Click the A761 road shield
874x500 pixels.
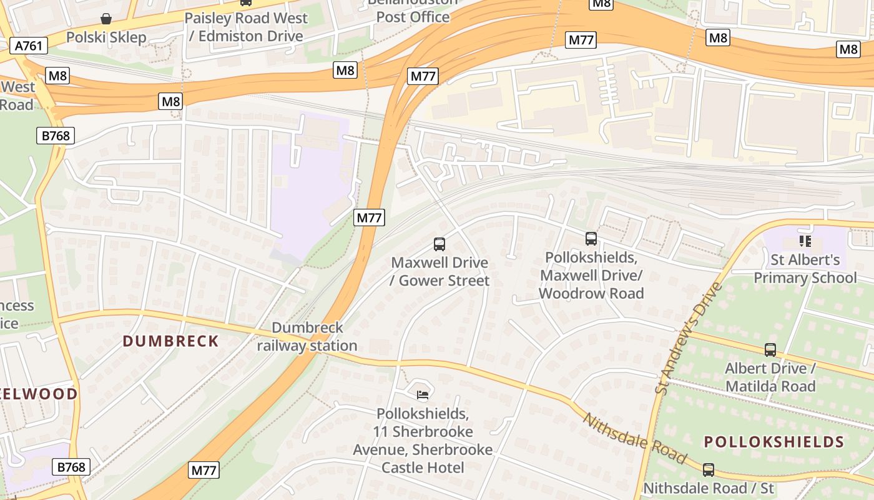[x=29, y=46]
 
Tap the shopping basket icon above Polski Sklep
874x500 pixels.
[x=106, y=19]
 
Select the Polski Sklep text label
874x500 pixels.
[x=106, y=37]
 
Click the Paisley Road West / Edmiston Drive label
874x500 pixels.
[x=246, y=27]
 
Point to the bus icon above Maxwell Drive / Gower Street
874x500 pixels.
[x=439, y=244]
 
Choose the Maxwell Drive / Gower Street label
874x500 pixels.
[x=439, y=272]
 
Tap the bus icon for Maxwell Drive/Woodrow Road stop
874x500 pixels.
[x=591, y=238]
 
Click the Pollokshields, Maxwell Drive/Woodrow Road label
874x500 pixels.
[x=591, y=276]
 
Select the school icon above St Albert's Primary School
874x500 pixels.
[x=805, y=241]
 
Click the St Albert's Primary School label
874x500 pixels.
[x=805, y=269]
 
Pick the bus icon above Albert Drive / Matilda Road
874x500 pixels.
[x=770, y=350]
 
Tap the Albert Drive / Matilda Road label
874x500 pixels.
[x=770, y=377]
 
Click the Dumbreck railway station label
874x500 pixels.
[x=307, y=337]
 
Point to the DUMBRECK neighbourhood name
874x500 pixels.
[x=170, y=341]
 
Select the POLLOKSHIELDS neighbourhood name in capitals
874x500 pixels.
[x=774, y=442]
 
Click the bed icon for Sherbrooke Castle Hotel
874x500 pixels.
[x=423, y=394]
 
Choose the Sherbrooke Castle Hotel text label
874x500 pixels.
[x=423, y=441]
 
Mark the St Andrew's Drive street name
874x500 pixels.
[x=688, y=338]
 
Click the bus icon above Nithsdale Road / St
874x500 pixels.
[x=708, y=470]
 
